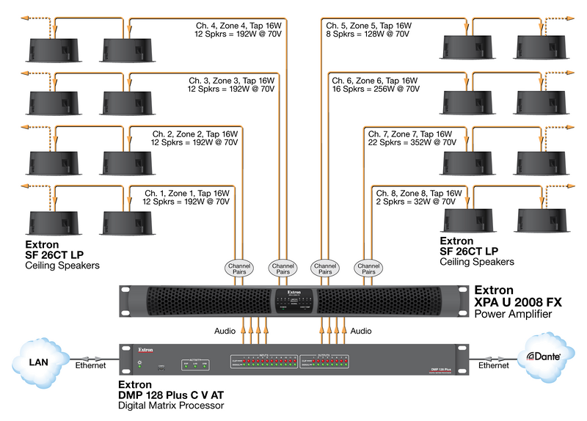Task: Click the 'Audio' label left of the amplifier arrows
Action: click(x=225, y=332)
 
